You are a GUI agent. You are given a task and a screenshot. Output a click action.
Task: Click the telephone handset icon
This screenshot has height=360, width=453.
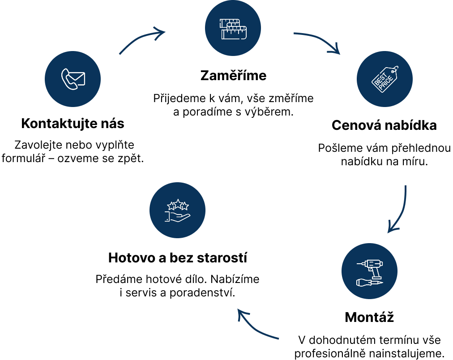coord(68,80)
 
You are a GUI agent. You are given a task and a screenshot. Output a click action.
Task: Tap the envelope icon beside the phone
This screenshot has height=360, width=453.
coord(78,78)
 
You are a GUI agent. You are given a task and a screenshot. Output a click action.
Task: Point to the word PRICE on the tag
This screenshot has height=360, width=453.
coord(386,83)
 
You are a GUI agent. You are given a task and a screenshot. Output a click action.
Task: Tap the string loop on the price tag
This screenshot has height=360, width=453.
coord(395,69)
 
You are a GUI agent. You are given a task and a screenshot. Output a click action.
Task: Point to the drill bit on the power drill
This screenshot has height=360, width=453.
coord(360,264)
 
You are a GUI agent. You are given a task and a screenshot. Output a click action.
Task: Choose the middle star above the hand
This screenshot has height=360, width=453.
coord(178,204)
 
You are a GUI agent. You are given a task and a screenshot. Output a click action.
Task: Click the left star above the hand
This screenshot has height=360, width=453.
coord(171,206)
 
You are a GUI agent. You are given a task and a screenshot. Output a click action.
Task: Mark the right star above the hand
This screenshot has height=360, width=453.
coord(184,206)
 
